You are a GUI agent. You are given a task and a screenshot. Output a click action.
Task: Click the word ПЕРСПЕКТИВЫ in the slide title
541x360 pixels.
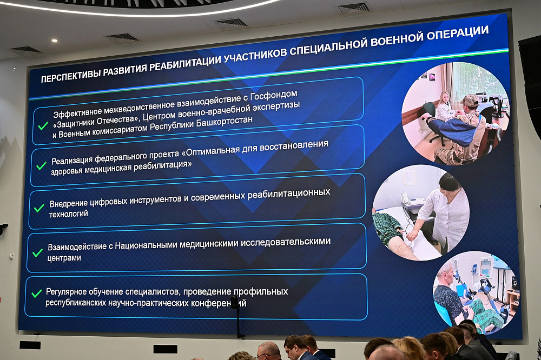tap(71, 76)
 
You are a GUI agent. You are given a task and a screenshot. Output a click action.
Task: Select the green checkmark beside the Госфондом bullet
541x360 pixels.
tap(43, 125)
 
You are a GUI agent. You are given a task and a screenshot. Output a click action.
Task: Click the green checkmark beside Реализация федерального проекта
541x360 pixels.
tap(41, 165)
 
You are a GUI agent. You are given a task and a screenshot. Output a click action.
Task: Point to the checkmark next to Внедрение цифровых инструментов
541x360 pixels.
tap(39, 208)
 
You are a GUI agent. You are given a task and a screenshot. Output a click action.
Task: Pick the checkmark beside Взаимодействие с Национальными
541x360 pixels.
tap(37, 252)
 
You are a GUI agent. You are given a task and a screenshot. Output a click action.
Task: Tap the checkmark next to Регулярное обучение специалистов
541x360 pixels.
tap(36, 294)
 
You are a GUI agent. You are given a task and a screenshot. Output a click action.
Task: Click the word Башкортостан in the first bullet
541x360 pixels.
tap(222, 121)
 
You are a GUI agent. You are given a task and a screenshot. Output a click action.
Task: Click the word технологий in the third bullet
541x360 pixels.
tap(69, 214)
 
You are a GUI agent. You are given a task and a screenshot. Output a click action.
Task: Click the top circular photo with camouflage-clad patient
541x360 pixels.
tap(454, 112)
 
